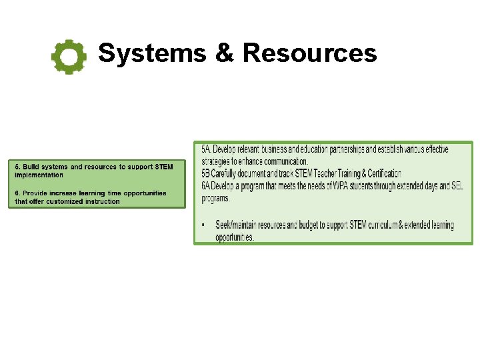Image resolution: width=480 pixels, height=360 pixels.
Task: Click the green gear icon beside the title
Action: (x=69, y=57)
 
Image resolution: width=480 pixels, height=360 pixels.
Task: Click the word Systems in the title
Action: (x=152, y=53)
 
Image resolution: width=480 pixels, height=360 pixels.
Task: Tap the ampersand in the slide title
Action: (x=224, y=53)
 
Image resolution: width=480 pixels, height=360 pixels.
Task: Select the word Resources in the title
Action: (x=309, y=53)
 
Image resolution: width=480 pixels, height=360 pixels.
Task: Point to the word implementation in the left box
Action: (x=39, y=175)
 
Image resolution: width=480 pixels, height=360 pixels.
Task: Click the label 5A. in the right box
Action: (x=206, y=149)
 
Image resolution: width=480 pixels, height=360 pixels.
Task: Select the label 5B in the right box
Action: (x=206, y=174)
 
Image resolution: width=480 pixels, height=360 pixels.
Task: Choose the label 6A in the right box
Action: (x=206, y=186)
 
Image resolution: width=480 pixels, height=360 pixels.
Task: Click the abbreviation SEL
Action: (x=457, y=186)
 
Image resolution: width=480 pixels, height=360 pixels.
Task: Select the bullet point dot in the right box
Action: (x=204, y=225)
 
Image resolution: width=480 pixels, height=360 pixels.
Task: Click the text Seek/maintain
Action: (x=238, y=225)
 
